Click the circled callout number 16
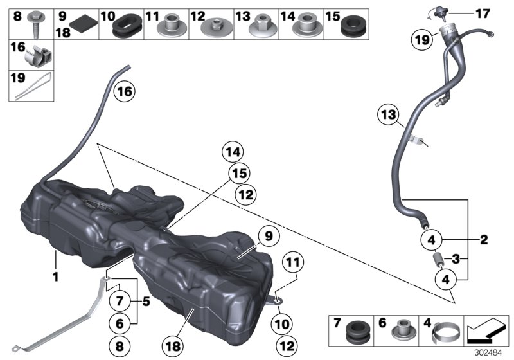pyautogui.click(x=125, y=92)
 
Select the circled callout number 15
pyautogui.click(x=238, y=173)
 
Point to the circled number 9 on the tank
pyautogui.click(x=267, y=236)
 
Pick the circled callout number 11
pyautogui.click(x=293, y=262)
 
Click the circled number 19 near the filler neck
pyautogui.click(x=421, y=40)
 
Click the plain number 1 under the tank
pyautogui.click(x=56, y=278)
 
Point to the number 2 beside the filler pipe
pyautogui.click(x=484, y=240)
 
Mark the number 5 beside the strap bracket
pyautogui.click(x=146, y=300)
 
